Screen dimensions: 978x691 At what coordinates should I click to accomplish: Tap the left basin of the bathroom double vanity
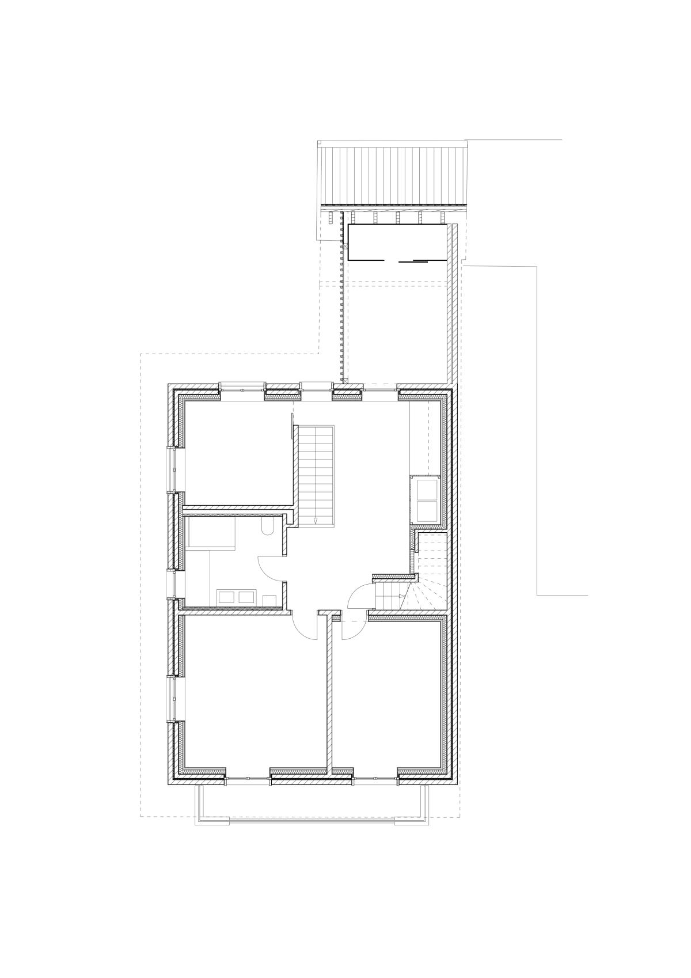point(225,597)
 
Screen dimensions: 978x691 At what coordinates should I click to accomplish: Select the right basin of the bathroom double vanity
point(246,597)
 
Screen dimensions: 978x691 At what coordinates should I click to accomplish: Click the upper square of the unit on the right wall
point(426,490)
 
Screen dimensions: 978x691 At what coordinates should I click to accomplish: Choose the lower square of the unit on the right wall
point(426,511)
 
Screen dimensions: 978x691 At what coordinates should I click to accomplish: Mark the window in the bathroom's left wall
point(171,583)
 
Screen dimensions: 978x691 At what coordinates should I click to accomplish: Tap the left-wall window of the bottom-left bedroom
point(171,699)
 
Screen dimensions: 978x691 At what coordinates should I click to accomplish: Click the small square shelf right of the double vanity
point(269,600)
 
